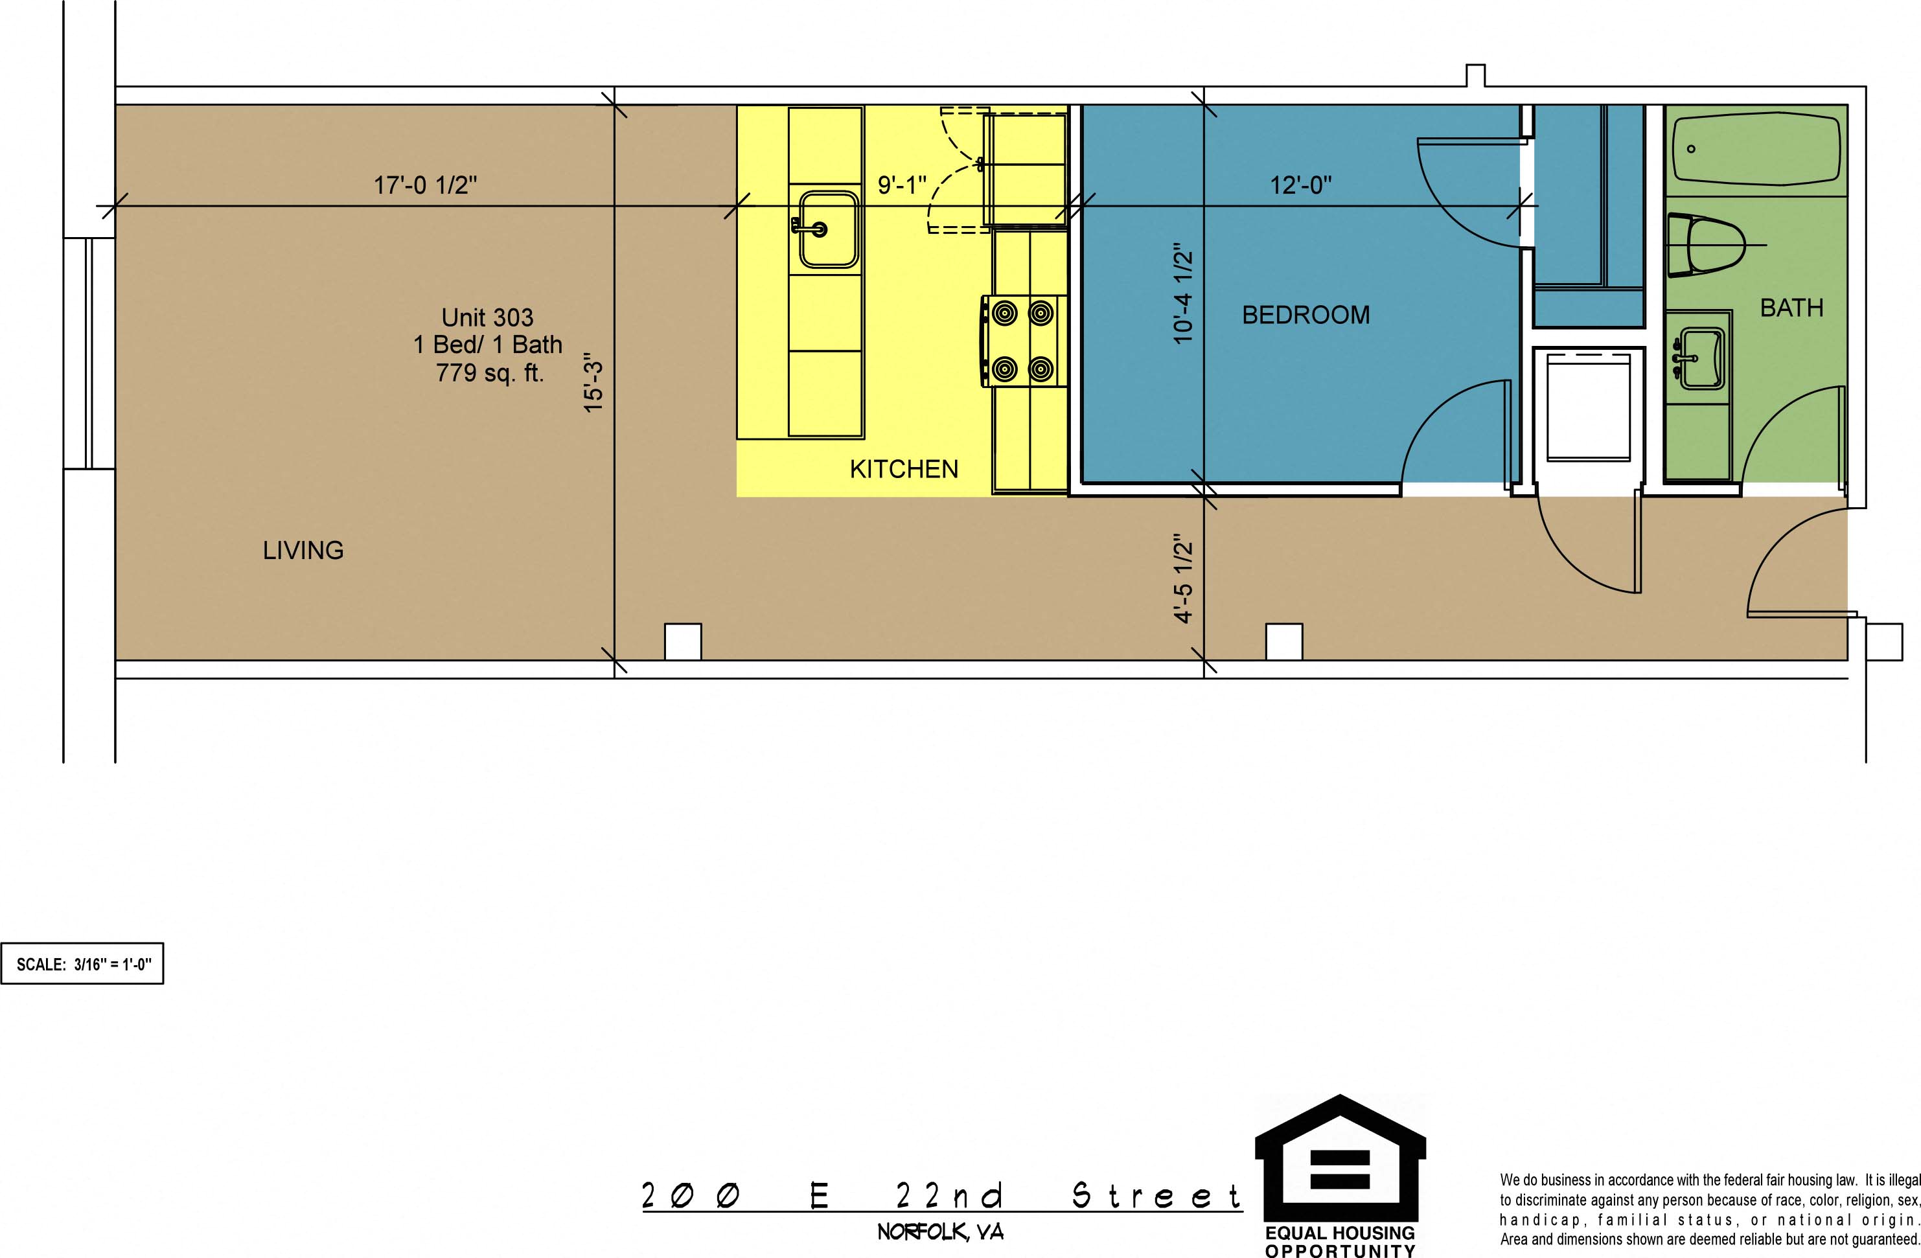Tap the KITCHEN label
904,469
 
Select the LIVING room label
303,551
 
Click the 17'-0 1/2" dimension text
426,185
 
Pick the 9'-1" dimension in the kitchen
903,185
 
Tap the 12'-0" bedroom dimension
1301,185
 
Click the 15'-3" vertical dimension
593,382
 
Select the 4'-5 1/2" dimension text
1182,578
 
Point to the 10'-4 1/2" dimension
1182,293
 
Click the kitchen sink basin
828,229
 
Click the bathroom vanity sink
1702,358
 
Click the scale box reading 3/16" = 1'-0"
82,963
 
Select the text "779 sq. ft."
490,372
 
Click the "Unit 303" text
487,317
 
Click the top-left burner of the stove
1005,313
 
